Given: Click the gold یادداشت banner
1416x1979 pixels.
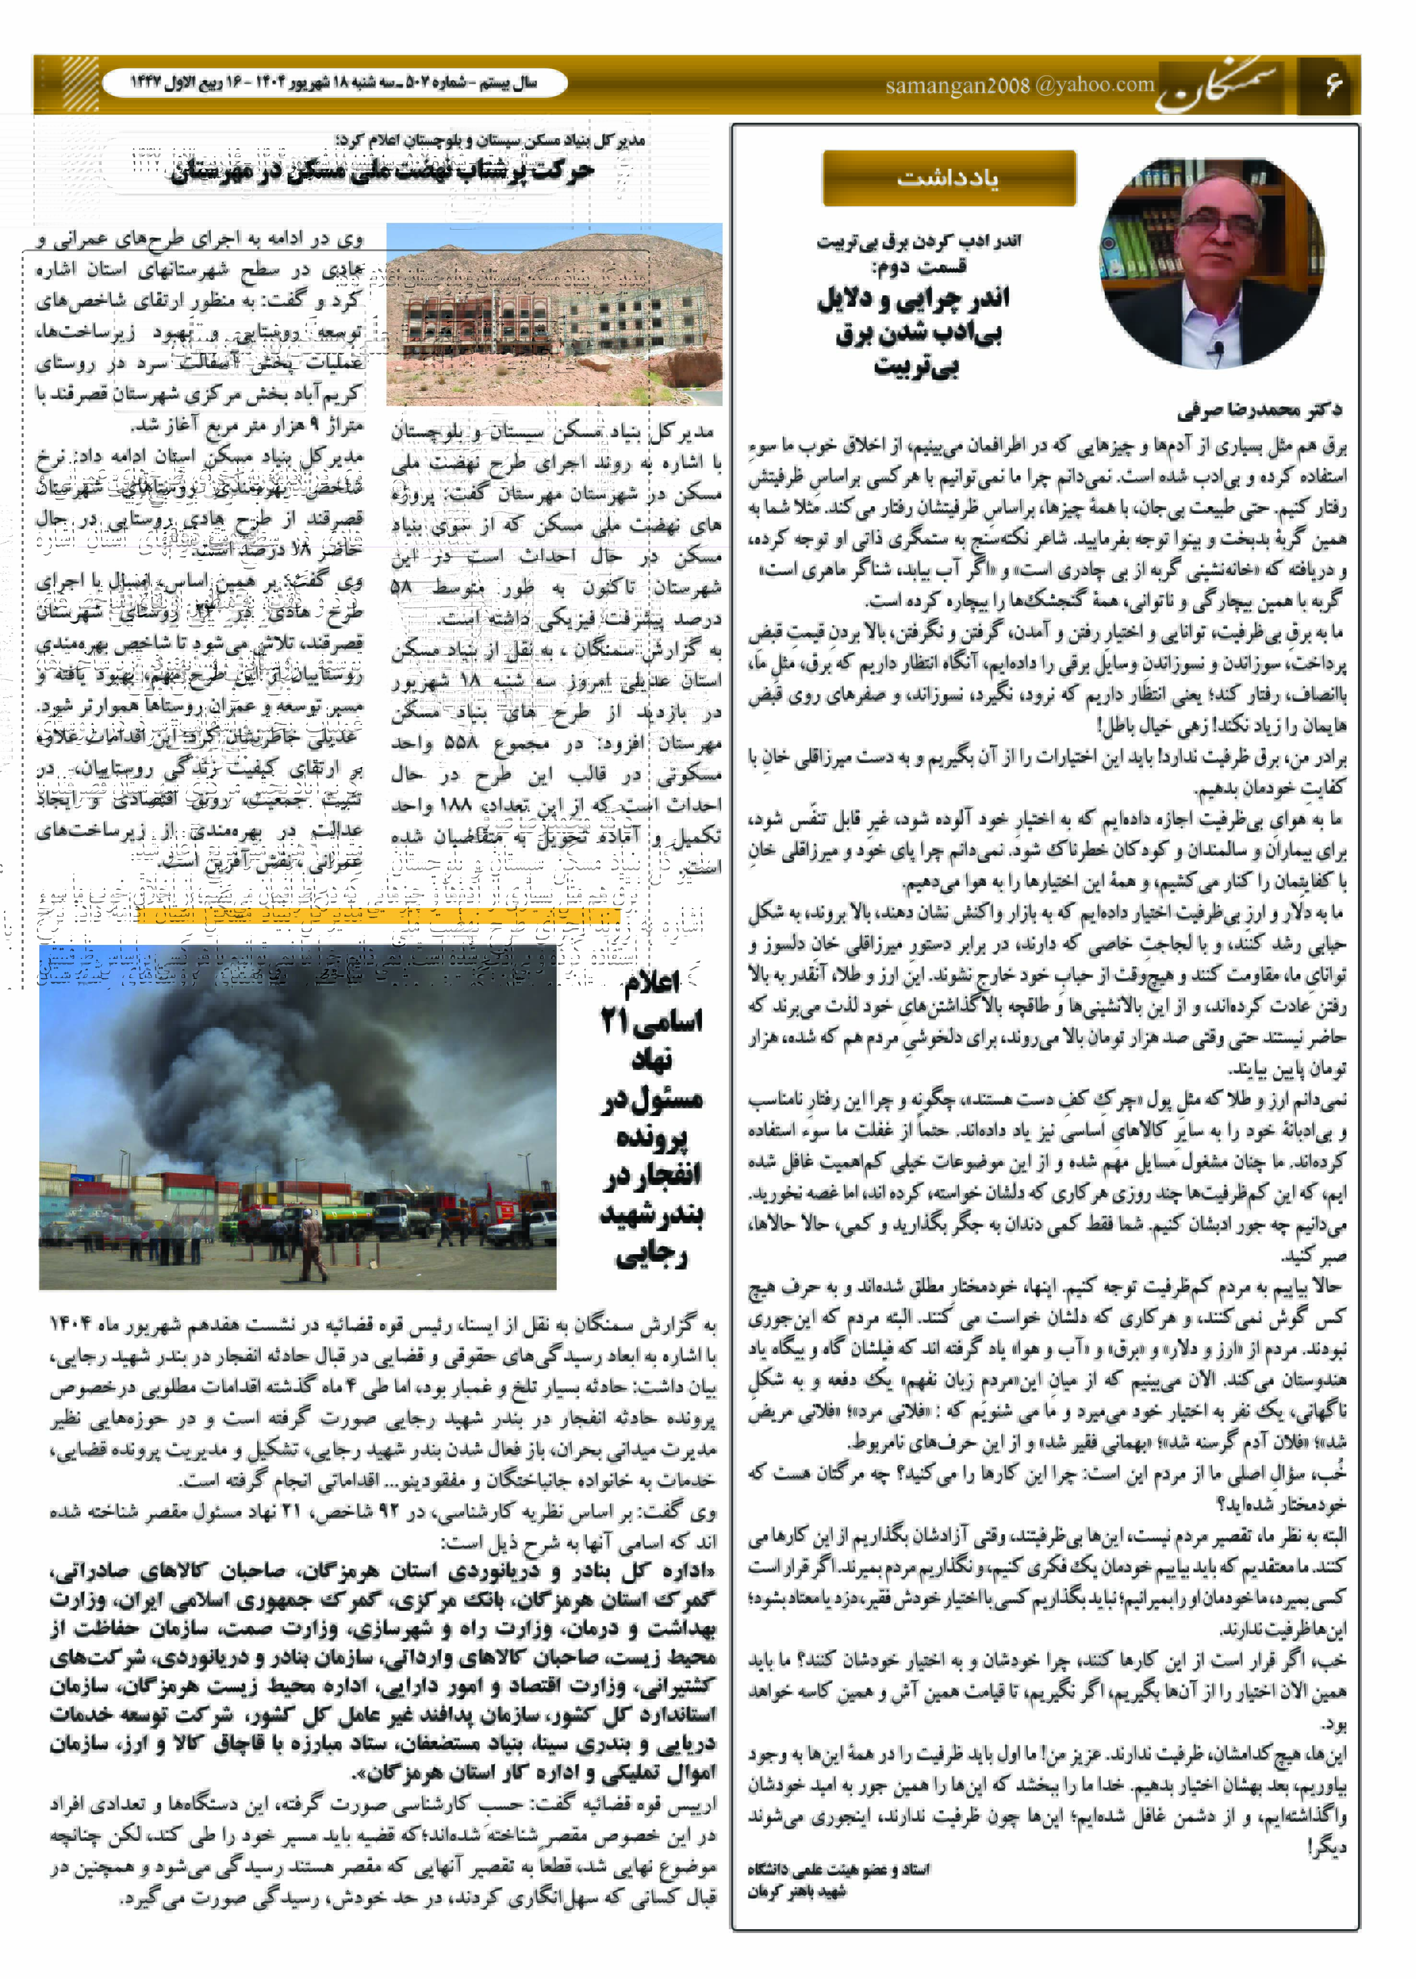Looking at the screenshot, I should (x=948, y=178).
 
